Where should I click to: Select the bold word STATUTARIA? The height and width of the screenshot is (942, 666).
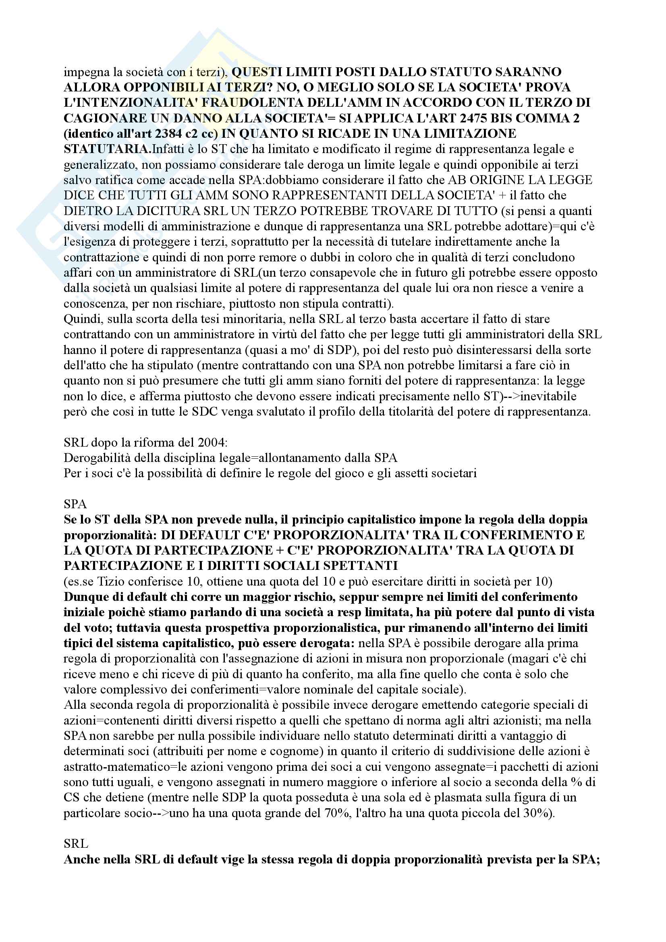pos(107,149)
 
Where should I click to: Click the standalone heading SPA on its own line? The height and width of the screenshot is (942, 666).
pos(75,504)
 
